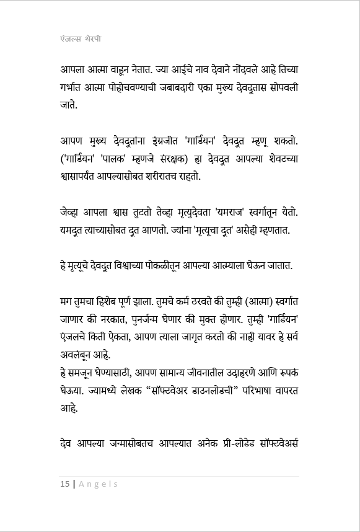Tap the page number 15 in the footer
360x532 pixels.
(x=64, y=484)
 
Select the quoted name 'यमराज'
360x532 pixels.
(x=232, y=213)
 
